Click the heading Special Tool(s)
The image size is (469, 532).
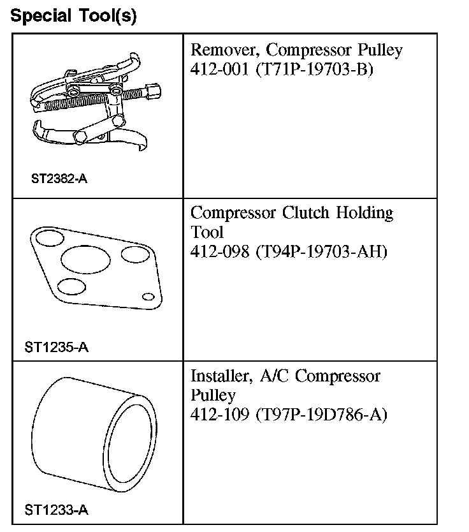pos(74,15)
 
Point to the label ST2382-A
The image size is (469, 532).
pos(59,179)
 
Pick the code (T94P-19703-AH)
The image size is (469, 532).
pos(321,251)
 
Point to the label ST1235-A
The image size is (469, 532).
pos(56,348)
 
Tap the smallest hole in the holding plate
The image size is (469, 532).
pos(148,296)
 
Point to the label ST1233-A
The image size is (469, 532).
pos(56,510)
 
